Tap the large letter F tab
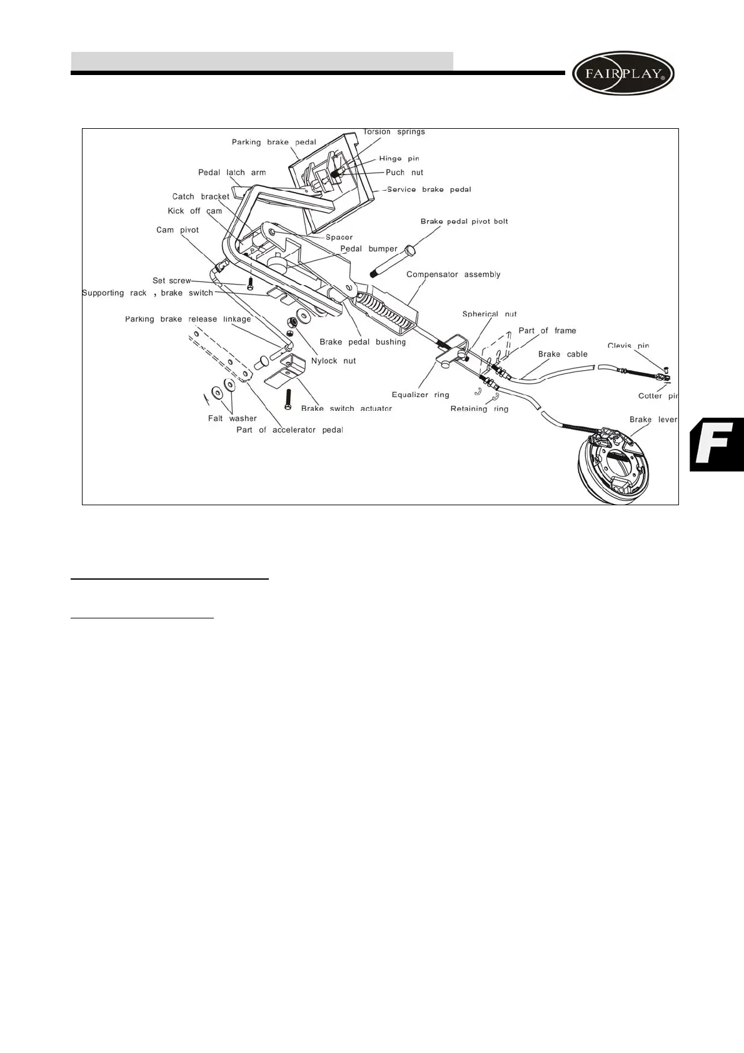point(716,444)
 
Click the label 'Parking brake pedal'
point(274,143)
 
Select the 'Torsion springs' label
point(394,132)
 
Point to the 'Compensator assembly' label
point(453,275)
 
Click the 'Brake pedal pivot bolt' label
point(464,221)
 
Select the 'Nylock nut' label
point(333,361)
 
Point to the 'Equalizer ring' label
point(420,395)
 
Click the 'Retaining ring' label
point(480,409)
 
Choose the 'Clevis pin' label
point(628,346)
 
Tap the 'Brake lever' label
point(653,420)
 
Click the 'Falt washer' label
point(232,418)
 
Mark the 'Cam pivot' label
point(178,230)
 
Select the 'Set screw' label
point(171,281)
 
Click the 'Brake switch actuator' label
point(346,408)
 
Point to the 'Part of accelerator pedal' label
point(289,430)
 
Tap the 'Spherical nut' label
point(490,315)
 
